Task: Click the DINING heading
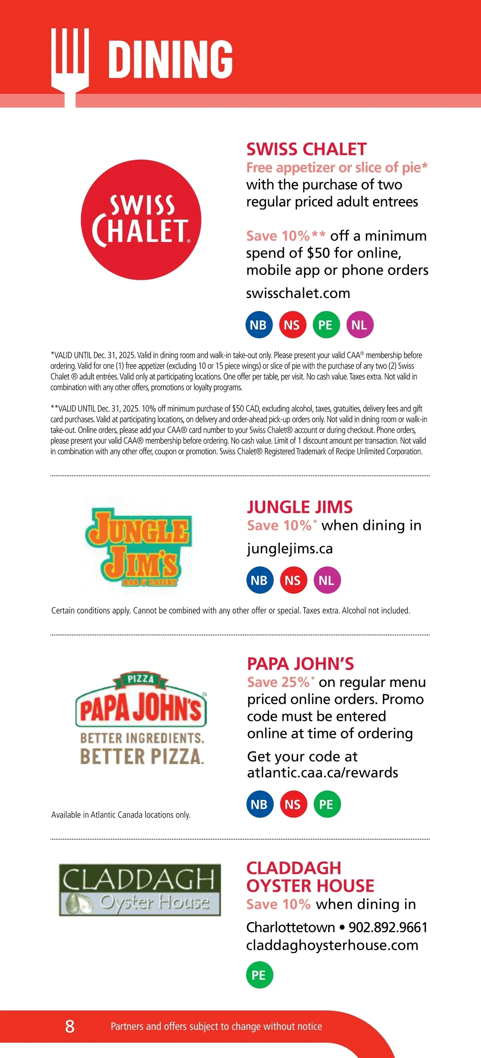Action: (170, 59)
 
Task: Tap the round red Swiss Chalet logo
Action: (141, 220)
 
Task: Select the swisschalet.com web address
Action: (298, 293)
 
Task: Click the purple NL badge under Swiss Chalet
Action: (360, 325)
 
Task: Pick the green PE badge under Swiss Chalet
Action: (326, 325)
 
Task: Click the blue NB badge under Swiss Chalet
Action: (259, 325)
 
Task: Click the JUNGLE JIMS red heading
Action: (299, 507)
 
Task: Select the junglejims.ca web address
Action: (289, 549)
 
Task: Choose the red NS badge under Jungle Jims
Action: (293, 580)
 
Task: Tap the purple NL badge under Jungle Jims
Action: (327, 580)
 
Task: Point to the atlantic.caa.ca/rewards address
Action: (322, 773)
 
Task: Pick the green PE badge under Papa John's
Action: (327, 804)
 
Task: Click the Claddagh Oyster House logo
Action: (139, 890)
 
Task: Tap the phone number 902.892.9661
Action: (388, 927)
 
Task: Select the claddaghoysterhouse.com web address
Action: (332, 945)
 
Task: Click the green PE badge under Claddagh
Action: (259, 975)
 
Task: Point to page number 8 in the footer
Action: (70, 1026)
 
